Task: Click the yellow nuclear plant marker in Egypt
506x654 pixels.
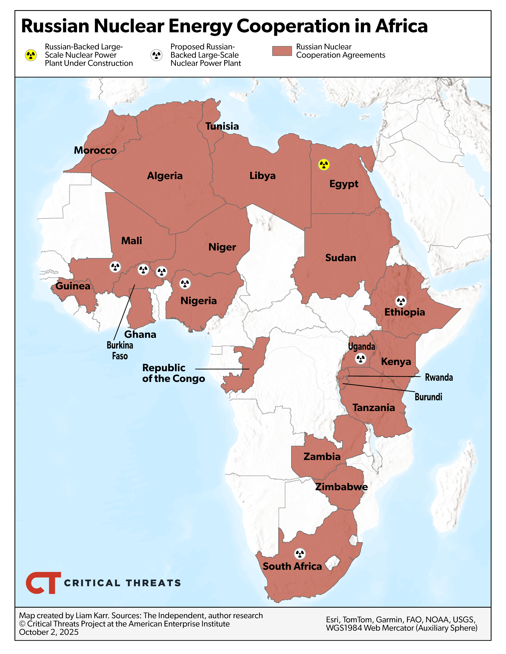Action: pos(324,164)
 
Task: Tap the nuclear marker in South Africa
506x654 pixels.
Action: pos(300,554)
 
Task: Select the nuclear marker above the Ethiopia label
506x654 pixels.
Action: pos(401,301)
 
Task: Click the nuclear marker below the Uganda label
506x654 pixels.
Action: pos(360,359)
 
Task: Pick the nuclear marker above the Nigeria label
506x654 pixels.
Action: pos(185,283)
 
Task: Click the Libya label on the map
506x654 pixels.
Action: pos(262,176)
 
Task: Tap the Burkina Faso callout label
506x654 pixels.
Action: pos(120,351)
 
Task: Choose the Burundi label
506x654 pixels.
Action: pos(428,397)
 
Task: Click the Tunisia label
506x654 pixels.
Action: pos(222,126)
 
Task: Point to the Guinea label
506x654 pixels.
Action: pos(73,286)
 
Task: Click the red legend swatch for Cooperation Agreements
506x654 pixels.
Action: pos(282,51)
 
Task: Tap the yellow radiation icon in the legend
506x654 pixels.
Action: pos(31,55)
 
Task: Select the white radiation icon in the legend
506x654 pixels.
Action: pos(157,55)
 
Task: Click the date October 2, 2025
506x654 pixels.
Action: pos(49,632)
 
